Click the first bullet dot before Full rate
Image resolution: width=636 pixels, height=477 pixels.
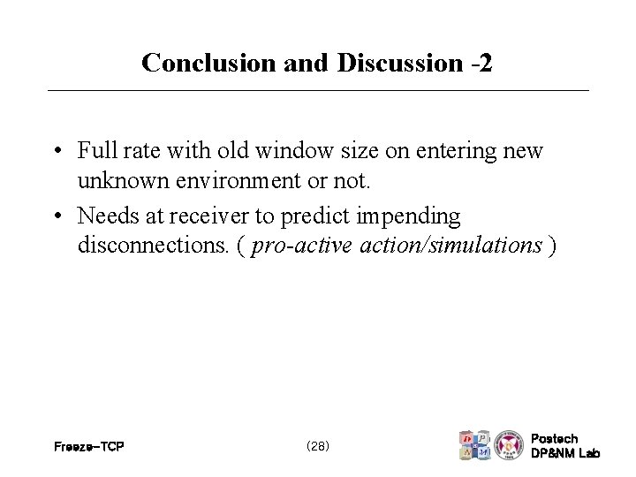point(56,151)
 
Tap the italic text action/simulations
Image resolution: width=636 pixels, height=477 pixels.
point(450,246)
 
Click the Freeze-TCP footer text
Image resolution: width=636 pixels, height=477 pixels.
point(88,447)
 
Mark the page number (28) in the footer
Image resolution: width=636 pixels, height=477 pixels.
point(317,446)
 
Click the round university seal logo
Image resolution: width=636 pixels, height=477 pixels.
point(508,444)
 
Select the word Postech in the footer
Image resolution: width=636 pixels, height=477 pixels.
point(555,439)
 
